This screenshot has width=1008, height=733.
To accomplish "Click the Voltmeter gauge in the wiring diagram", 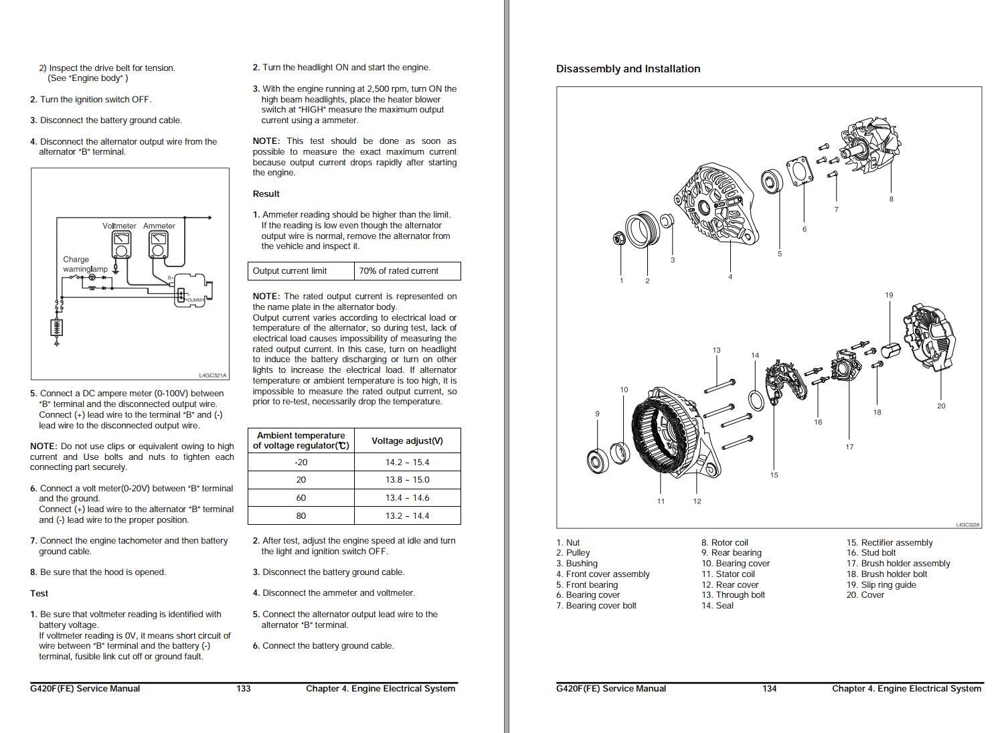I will [120, 245].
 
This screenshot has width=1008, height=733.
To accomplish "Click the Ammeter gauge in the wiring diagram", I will [159, 245].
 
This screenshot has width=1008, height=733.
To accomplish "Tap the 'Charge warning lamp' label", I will [85, 264].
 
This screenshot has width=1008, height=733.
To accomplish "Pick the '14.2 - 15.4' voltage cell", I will [407, 463].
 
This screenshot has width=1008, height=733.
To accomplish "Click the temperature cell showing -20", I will [301, 463].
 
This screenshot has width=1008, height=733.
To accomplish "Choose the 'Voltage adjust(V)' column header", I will [407, 441].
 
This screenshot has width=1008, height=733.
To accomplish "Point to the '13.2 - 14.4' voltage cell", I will [407, 516].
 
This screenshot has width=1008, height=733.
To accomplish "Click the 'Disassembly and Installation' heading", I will [628, 69].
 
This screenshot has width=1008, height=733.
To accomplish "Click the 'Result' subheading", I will [266, 194].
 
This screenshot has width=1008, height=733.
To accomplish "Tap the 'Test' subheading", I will [39, 594].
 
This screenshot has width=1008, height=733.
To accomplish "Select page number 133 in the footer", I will [244, 689].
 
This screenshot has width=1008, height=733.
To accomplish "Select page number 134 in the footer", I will [769, 689].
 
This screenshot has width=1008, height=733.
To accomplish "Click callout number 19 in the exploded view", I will [889, 295].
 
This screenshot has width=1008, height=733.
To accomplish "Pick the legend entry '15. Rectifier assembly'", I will [890, 543].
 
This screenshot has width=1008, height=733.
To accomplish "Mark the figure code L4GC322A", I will [967, 525].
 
